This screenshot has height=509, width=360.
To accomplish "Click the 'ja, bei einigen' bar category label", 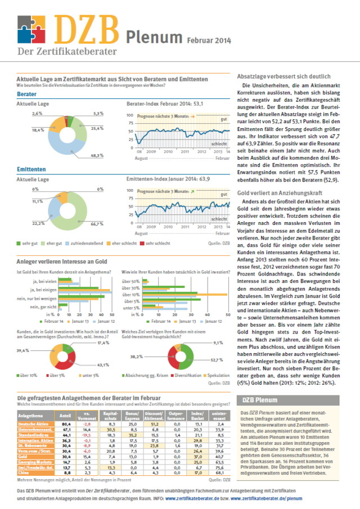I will click(x=43, y=287).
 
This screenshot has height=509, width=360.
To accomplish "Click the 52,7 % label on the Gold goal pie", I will click(x=217, y=359).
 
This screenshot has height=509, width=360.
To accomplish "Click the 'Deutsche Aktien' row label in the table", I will click(x=32, y=424).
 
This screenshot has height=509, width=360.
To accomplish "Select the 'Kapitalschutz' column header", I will click(x=110, y=415).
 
